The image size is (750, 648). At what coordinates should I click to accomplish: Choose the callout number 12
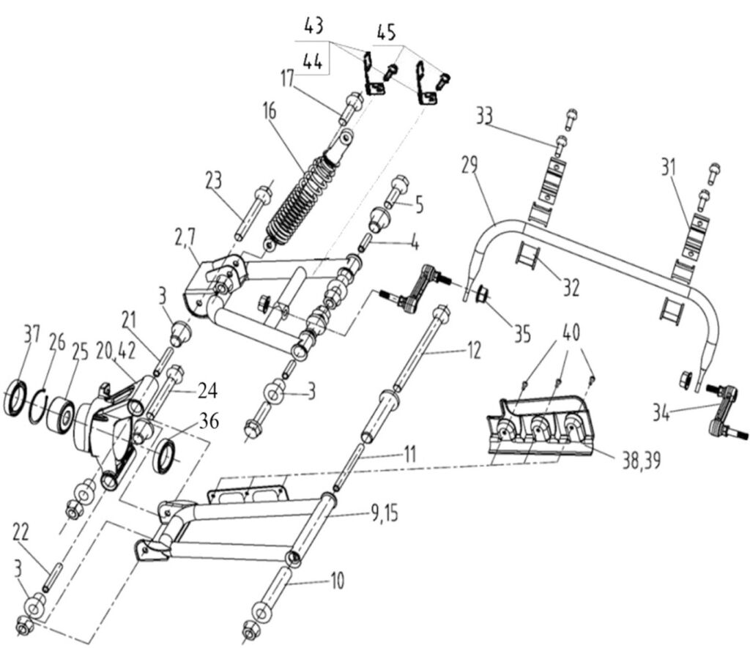pyautogui.click(x=473, y=351)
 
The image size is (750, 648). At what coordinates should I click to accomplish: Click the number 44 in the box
pyautogui.click(x=312, y=63)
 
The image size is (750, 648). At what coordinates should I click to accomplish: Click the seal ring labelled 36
pyautogui.click(x=168, y=454)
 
